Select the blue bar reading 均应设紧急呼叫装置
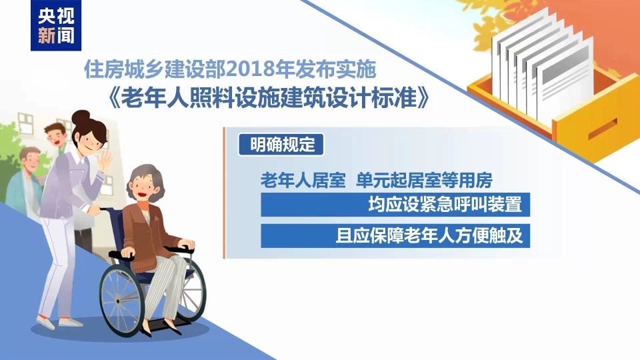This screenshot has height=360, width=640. coord(395,205)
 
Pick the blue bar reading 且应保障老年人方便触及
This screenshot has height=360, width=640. coord(395,235)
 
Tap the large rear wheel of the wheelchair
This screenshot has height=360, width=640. coord(121,294)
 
